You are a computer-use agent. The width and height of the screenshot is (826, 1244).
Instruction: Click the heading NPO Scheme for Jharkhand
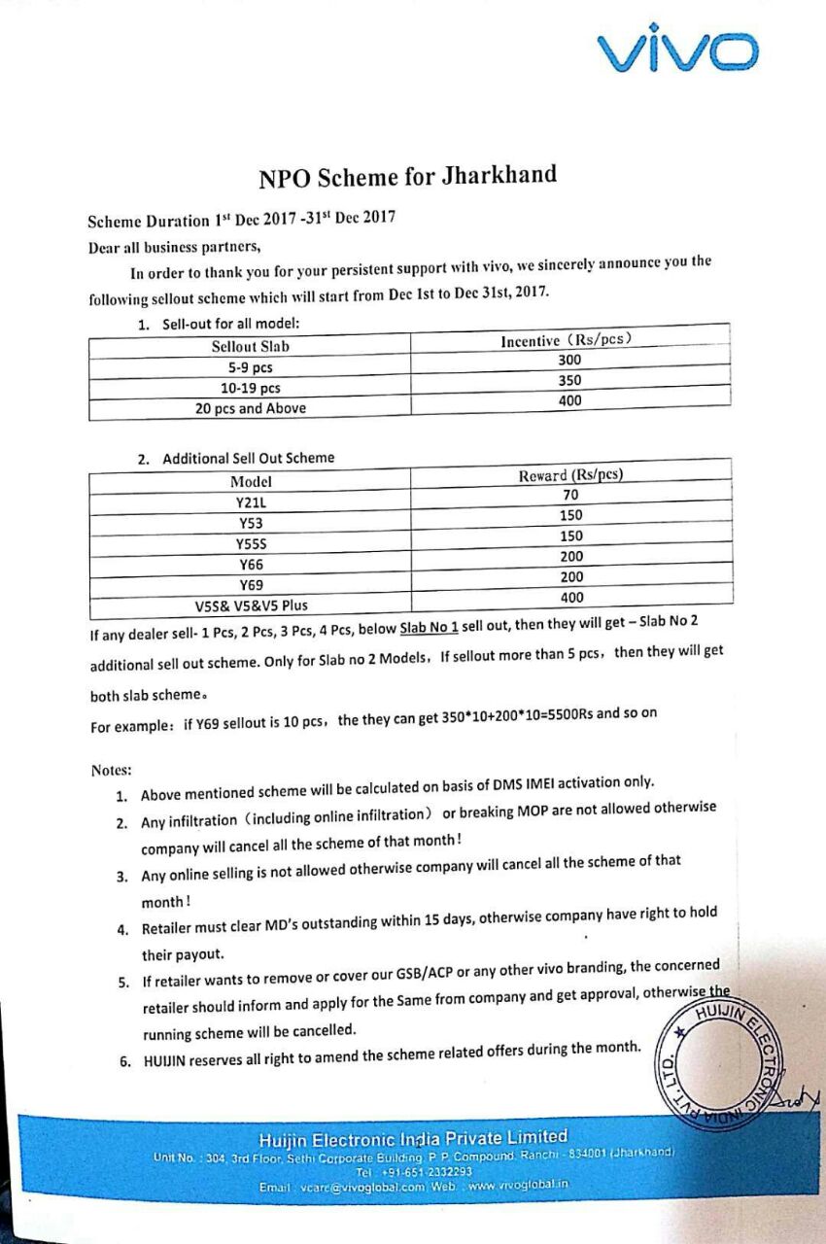click(407, 177)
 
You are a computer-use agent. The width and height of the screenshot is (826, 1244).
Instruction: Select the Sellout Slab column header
click(250, 346)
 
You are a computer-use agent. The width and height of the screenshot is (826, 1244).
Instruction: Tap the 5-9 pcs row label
click(250, 367)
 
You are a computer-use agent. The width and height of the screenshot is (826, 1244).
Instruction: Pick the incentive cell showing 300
click(570, 360)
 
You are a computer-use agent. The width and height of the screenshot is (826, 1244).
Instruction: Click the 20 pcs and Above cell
click(250, 408)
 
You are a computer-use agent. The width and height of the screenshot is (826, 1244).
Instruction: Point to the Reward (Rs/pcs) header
click(570, 475)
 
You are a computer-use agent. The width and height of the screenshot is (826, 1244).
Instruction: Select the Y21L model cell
click(250, 501)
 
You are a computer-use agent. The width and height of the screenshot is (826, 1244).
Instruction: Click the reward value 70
click(570, 495)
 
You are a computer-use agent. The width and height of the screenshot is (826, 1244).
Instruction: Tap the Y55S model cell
click(250, 543)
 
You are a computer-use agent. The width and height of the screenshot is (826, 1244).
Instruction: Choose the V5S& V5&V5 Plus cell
click(250, 605)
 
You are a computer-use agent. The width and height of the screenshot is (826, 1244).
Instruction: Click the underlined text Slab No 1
click(429, 629)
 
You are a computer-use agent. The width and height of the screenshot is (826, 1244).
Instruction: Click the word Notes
click(111, 770)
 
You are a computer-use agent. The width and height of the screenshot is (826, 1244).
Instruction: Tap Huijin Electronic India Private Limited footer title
click(413, 1137)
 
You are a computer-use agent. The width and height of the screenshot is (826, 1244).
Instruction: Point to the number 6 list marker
click(125, 1060)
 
